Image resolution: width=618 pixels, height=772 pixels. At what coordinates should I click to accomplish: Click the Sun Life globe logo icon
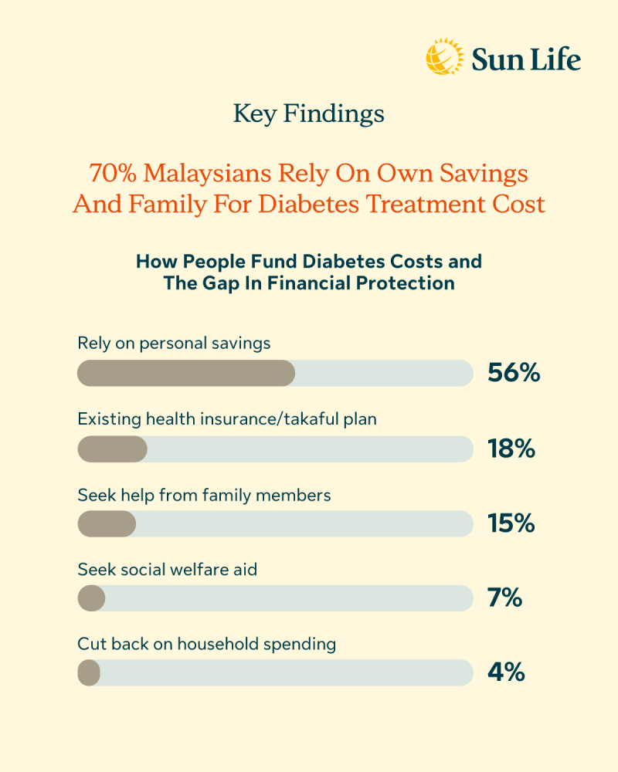[445, 58]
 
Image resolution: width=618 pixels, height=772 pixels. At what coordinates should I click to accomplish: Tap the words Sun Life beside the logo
[526, 59]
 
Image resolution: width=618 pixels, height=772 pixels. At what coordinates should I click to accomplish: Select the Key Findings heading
[309, 114]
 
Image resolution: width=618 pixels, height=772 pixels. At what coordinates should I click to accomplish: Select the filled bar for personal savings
[186, 373]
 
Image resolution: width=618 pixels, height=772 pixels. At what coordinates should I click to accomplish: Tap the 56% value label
[513, 373]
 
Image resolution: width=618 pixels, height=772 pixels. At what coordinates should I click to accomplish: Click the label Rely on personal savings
[174, 343]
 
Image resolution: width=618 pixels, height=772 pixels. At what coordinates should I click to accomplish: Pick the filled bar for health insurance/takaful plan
[112, 449]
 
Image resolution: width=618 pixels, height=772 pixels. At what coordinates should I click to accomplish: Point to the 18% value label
[511, 449]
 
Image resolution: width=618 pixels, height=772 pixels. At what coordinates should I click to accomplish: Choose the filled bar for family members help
[107, 523]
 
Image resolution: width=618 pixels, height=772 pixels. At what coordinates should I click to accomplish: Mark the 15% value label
[511, 523]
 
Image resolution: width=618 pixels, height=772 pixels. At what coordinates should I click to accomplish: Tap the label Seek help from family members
[204, 494]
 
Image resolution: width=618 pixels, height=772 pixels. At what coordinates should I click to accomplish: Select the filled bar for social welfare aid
[91, 598]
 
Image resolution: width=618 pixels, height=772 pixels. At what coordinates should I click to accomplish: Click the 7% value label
[505, 598]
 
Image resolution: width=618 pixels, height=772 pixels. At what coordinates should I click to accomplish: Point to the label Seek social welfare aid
[167, 570]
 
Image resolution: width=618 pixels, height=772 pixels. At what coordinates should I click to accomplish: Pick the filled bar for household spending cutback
[89, 672]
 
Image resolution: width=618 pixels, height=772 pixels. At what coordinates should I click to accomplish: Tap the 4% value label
[506, 672]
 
